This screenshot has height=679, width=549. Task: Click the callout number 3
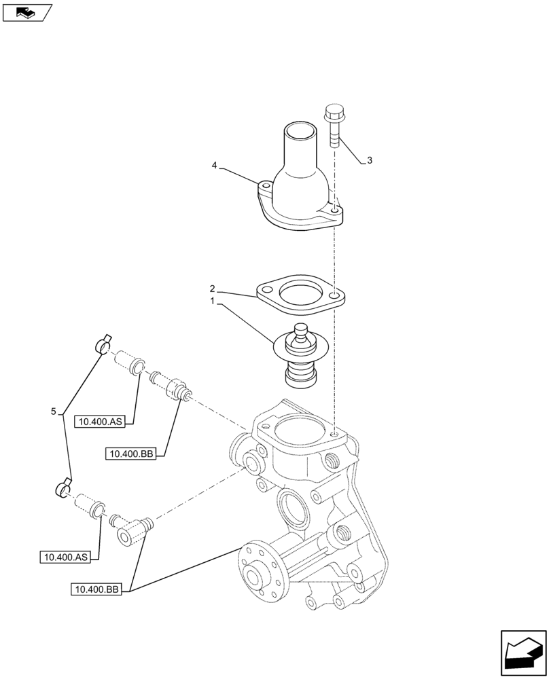click(x=369, y=161)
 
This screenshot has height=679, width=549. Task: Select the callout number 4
click(x=215, y=165)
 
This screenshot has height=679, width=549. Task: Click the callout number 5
click(x=53, y=411)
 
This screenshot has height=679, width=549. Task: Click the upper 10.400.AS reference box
click(x=100, y=422)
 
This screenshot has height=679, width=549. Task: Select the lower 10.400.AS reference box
click(x=65, y=557)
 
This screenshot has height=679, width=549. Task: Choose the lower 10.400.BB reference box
click(x=95, y=589)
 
